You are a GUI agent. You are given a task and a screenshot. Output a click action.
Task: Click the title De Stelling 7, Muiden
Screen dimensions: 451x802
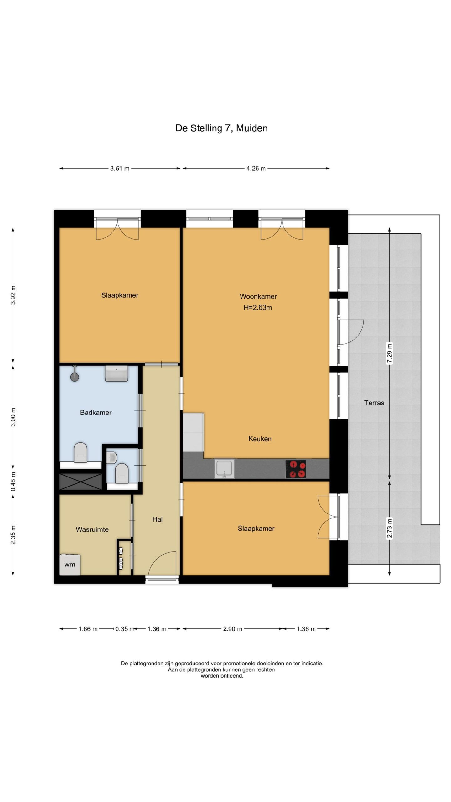(x=221, y=128)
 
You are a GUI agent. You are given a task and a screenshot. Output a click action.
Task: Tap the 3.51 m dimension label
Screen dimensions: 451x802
(x=120, y=169)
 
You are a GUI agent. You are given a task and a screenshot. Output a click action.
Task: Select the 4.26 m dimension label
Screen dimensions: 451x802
(x=256, y=169)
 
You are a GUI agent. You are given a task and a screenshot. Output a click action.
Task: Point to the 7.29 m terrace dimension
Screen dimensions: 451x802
(x=389, y=353)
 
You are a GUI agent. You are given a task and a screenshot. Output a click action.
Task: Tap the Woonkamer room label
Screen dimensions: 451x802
(x=258, y=296)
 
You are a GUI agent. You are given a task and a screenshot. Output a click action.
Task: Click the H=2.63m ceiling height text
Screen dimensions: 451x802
(x=258, y=308)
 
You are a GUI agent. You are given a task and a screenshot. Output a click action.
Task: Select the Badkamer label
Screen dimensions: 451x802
(x=96, y=413)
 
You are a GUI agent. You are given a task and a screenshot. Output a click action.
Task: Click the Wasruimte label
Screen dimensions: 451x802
(x=92, y=529)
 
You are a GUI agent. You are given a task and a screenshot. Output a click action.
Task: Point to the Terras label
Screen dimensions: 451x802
(x=374, y=403)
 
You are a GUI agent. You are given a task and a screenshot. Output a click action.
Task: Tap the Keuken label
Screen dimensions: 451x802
(x=260, y=439)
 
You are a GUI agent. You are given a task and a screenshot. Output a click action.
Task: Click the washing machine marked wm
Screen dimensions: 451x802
(x=70, y=565)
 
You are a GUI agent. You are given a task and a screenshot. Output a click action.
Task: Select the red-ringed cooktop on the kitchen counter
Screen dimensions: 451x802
(x=296, y=469)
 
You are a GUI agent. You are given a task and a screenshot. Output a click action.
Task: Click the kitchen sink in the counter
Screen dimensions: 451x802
(x=224, y=468)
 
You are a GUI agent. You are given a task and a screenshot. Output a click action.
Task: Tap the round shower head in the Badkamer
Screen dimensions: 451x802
(x=75, y=377)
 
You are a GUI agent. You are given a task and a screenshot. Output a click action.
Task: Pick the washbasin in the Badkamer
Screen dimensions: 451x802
(x=117, y=373)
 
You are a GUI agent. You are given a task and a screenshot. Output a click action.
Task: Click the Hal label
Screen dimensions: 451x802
(x=157, y=519)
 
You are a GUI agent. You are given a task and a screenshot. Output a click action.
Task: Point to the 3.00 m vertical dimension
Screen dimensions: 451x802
(x=13, y=417)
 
